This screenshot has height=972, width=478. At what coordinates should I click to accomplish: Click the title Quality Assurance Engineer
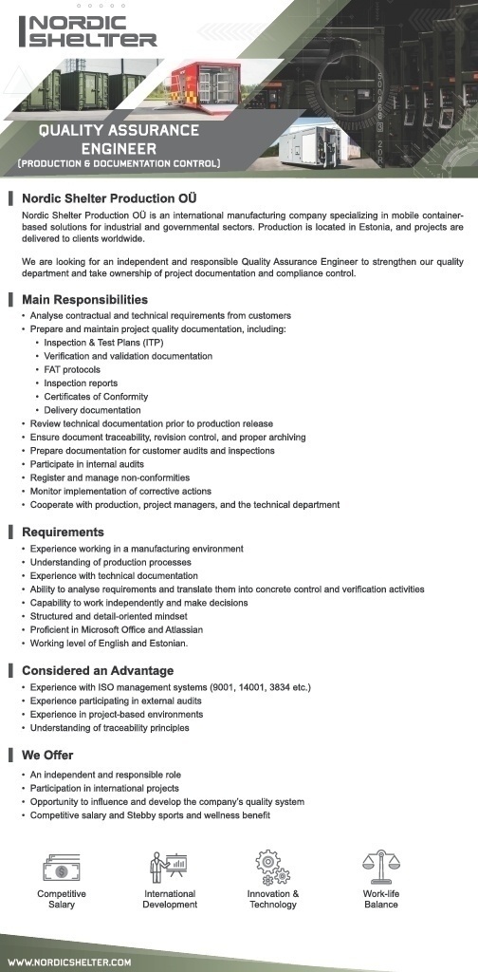pos(119,140)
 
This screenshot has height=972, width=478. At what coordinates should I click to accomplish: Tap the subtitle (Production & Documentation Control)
pos(119,164)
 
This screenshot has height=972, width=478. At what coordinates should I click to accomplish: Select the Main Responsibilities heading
pos(84,300)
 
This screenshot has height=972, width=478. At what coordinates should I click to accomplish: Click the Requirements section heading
pos(63,533)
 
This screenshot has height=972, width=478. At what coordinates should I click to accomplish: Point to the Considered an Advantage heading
pos(98,671)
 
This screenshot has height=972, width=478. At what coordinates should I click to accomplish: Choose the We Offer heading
pos(47,756)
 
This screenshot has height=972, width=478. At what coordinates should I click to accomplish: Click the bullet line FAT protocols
pos(72,369)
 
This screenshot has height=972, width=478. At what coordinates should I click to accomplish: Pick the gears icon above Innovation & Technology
pos(273,867)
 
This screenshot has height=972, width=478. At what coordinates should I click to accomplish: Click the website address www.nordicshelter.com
pos(71,962)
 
